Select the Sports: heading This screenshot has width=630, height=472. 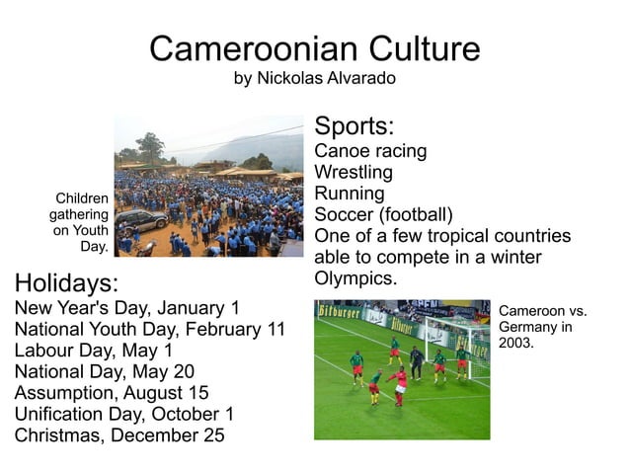pyautogui.click(x=354, y=126)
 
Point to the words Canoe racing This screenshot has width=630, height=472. pyautogui.click(x=370, y=151)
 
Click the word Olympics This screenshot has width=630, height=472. pyautogui.click(x=354, y=279)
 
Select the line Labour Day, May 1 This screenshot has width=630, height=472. pyautogui.click(x=94, y=350)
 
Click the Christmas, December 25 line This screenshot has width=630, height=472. pyautogui.click(x=119, y=435)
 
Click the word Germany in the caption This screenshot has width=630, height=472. pyautogui.click(x=530, y=327)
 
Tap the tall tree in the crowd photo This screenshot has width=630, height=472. pyautogui.click(x=150, y=146)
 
